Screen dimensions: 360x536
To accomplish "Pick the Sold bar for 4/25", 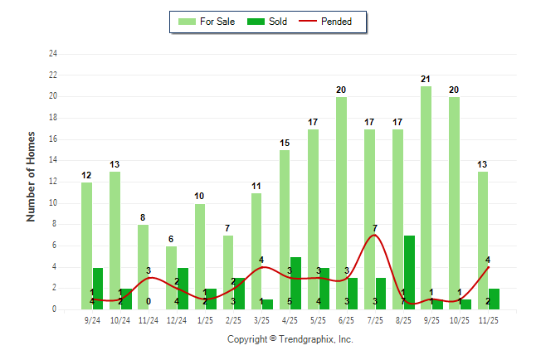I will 295,283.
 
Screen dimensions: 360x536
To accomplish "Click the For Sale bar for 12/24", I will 171,278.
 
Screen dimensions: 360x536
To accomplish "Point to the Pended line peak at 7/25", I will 375,235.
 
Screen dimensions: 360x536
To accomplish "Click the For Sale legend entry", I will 207,22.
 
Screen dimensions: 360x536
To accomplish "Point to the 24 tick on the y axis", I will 53,54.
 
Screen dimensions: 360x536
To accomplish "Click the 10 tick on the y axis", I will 53,203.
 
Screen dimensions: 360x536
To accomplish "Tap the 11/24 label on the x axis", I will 149,319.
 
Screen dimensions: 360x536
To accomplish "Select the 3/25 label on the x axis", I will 261,319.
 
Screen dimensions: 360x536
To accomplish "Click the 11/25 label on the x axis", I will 488,319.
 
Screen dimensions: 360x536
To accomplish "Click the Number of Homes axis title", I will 32,176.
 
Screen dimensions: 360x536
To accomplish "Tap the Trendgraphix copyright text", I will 290,339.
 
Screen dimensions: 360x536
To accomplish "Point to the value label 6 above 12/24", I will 171,239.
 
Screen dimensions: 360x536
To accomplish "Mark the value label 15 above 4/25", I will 285,143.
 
